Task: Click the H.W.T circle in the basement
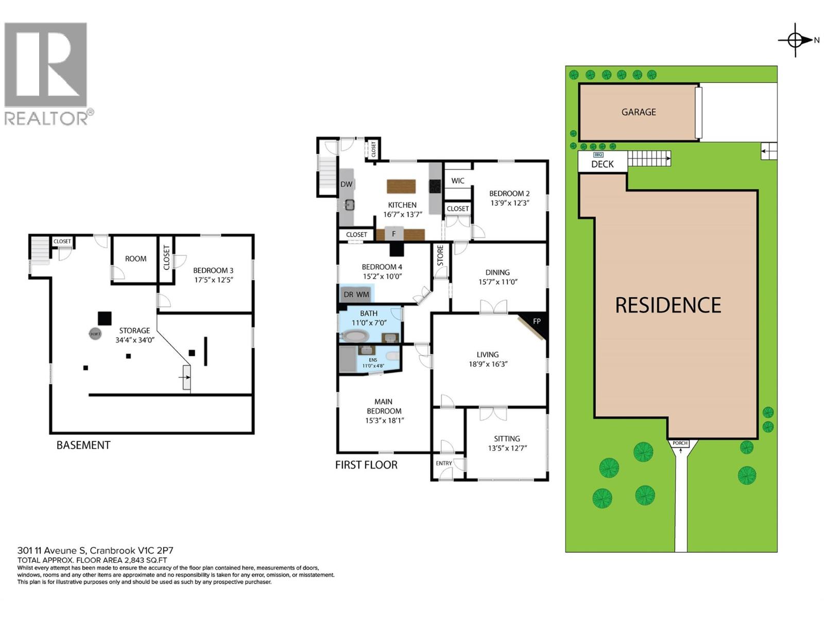point(95,334)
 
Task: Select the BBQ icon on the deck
point(598,154)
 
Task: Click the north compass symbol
point(796,40)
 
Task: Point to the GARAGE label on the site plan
point(639,112)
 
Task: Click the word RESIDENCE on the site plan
point(668,305)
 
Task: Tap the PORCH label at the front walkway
point(680,443)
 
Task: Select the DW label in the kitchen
point(346,184)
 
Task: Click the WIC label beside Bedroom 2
point(457,181)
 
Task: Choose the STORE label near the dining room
point(440,255)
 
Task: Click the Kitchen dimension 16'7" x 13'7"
point(402,214)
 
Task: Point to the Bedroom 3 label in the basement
point(213,270)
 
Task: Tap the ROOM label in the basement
point(135,259)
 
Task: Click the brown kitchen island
point(401,186)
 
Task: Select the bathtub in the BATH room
point(354,337)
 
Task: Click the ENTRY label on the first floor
point(443,463)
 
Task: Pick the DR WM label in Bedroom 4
point(356,295)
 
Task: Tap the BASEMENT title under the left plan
point(83,445)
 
